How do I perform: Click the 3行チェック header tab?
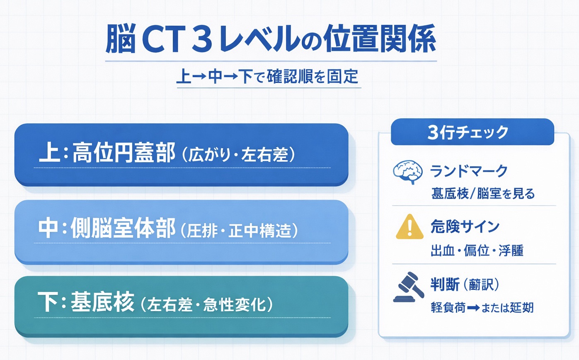click(472, 132)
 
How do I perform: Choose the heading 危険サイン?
click(465, 227)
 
